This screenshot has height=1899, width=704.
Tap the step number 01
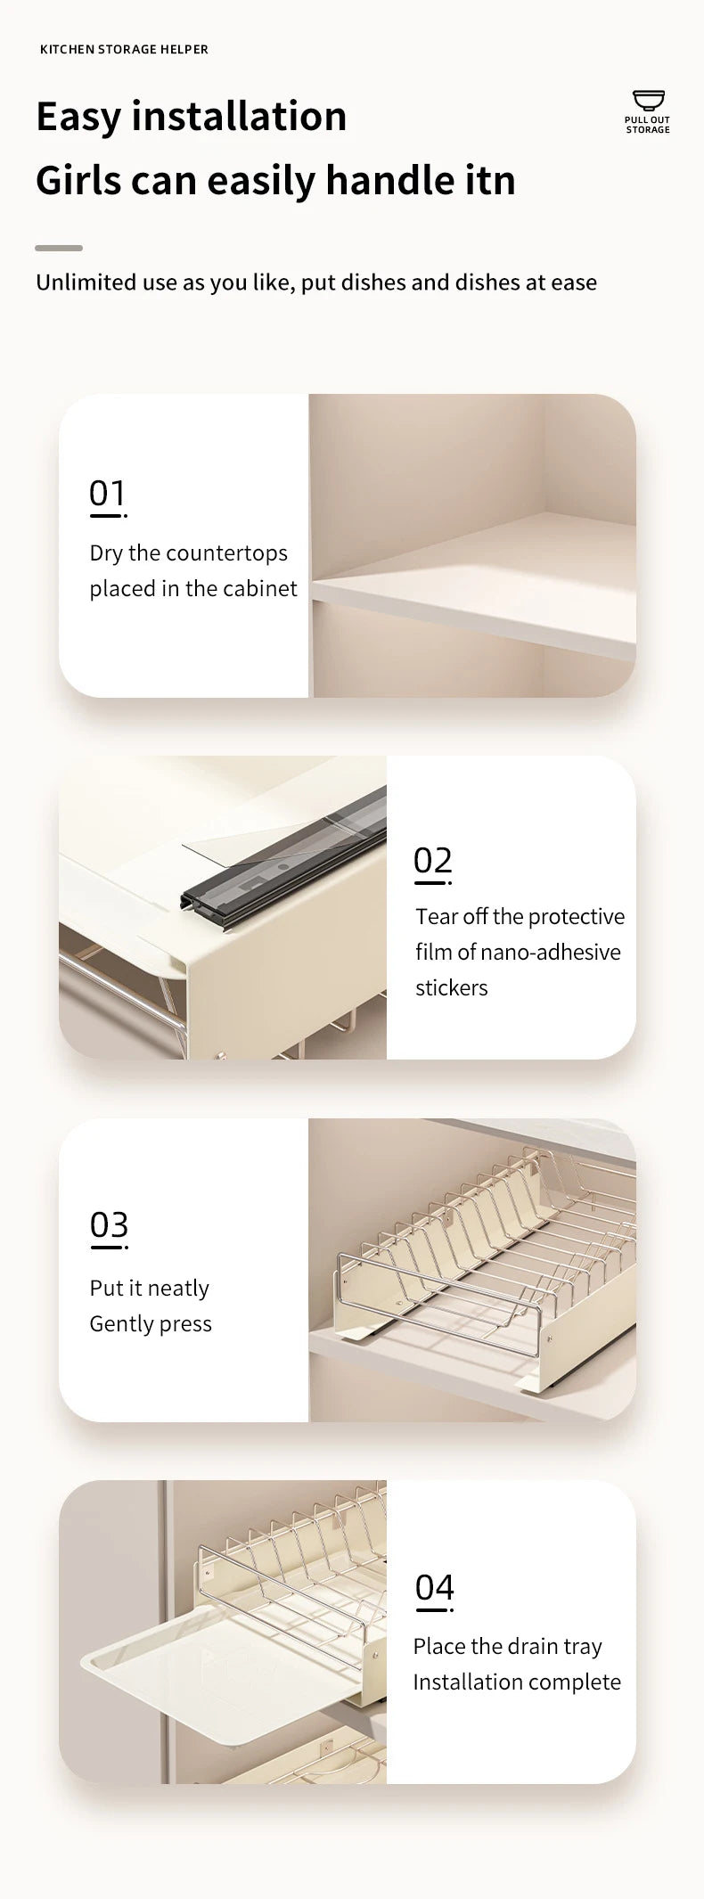(107, 493)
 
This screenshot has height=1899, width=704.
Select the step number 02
(433, 861)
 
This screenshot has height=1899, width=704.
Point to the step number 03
(109, 1225)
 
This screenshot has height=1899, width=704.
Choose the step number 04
(435, 1587)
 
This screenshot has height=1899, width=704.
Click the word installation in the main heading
(239, 117)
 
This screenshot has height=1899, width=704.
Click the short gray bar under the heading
(59, 248)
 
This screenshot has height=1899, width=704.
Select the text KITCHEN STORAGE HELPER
(124, 50)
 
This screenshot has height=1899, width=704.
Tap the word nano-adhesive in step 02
(552, 953)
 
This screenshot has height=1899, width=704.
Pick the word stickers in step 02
(452, 988)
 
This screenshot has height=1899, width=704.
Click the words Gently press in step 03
(151, 1324)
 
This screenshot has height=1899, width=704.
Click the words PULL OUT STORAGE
(648, 126)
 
